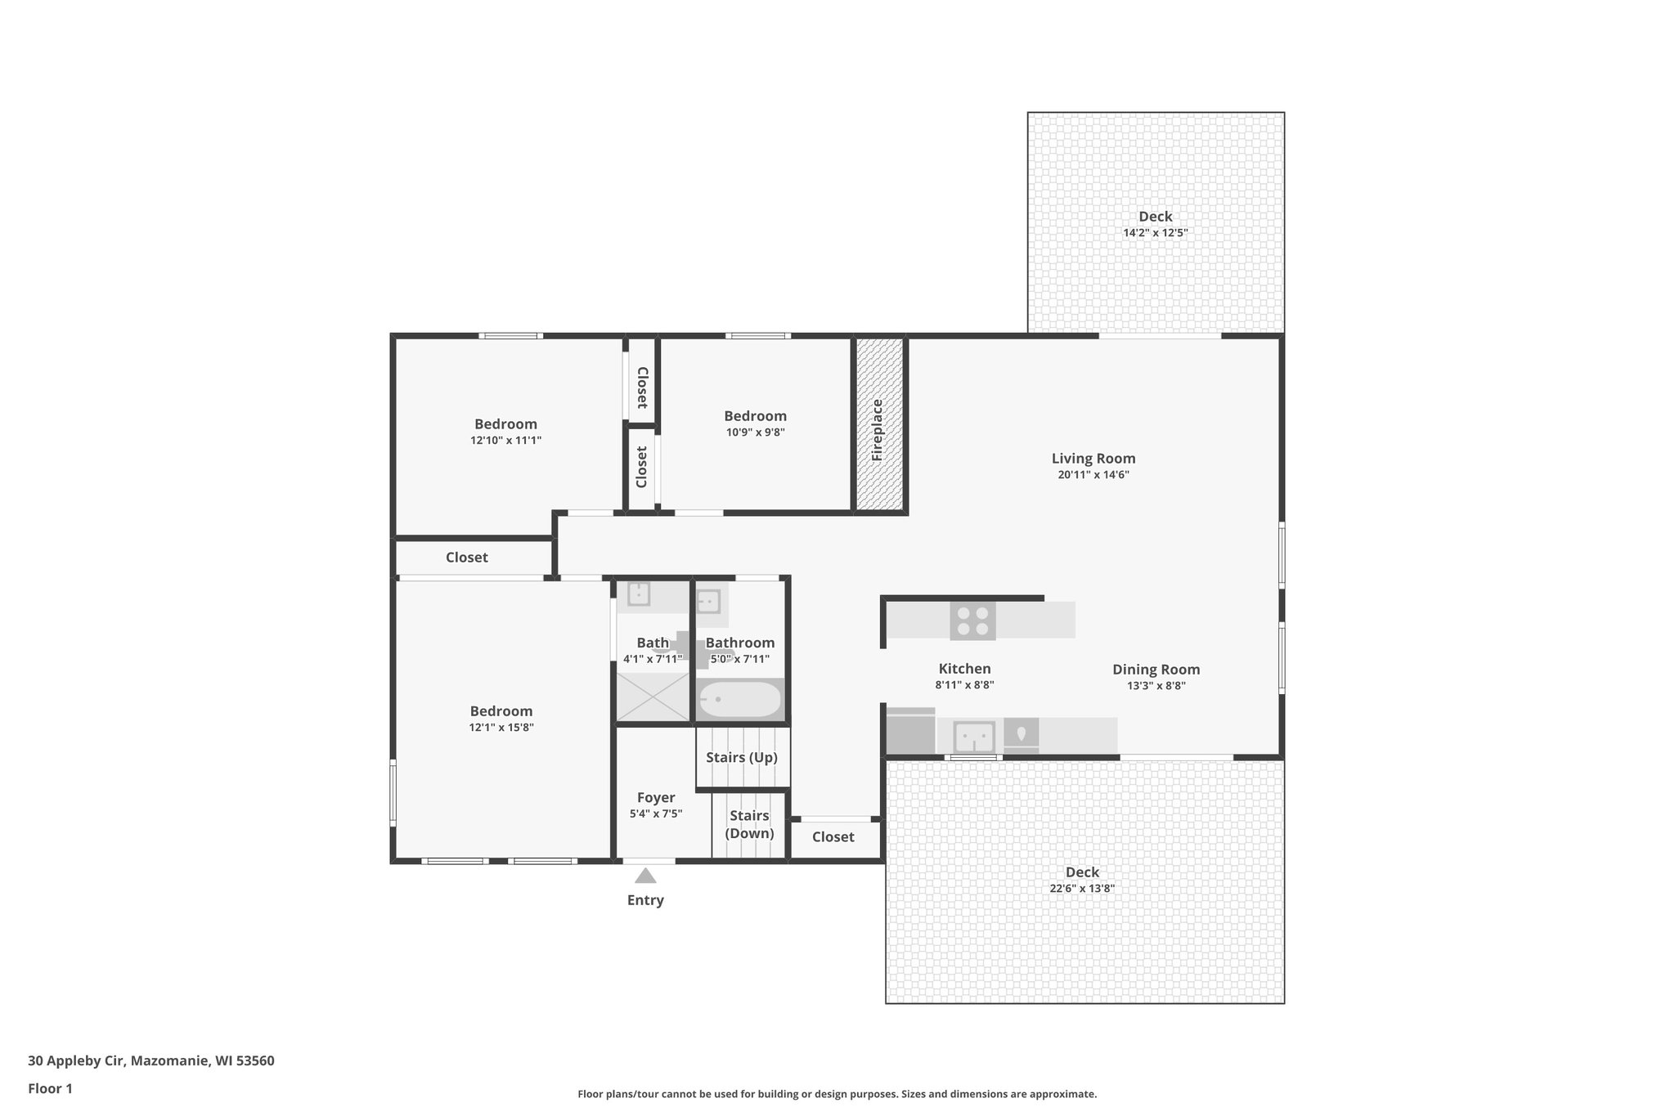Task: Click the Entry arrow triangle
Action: pyautogui.click(x=645, y=876)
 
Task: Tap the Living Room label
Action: pyautogui.click(x=1093, y=459)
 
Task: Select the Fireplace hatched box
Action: pyautogui.click(x=880, y=424)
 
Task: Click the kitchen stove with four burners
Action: pyautogui.click(x=972, y=621)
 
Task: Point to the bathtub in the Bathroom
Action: pyautogui.click(x=740, y=700)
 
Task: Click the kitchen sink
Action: pyautogui.click(x=974, y=737)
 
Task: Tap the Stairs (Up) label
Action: pyautogui.click(x=741, y=757)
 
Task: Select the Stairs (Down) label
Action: pyautogui.click(x=749, y=824)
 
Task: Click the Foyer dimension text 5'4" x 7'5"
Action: pyautogui.click(x=655, y=813)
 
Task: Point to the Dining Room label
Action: pyautogui.click(x=1156, y=670)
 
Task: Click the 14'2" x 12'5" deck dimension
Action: pyautogui.click(x=1155, y=233)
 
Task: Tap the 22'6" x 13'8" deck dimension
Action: pyautogui.click(x=1082, y=889)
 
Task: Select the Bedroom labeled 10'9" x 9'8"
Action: pyautogui.click(x=755, y=416)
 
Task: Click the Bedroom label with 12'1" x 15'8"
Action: pyautogui.click(x=501, y=711)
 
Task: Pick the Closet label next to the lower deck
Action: pyautogui.click(x=833, y=837)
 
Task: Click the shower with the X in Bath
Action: pyautogui.click(x=653, y=697)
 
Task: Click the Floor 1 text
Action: pyautogui.click(x=50, y=1088)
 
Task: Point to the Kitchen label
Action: pyautogui.click(x=964, y=669)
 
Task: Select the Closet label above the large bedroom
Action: pyautogui.click(x=466, y=558)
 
